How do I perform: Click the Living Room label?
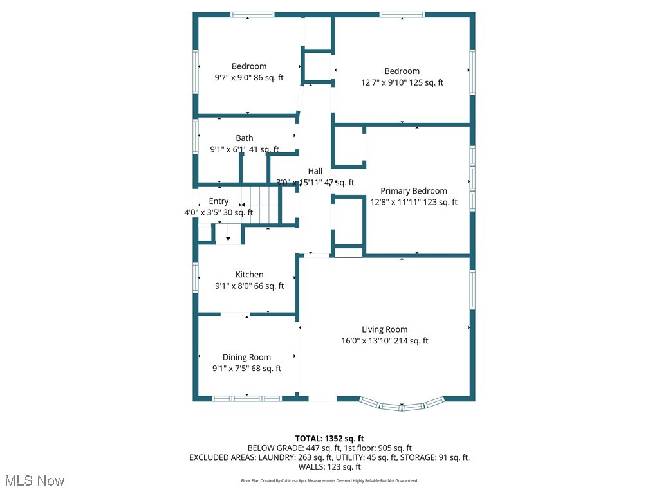click(x=384, y=329)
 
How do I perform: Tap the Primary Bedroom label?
click(x=413, y=190)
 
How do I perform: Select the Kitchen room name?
click(x=249, y=275)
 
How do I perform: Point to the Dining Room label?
click(x=246, y=357)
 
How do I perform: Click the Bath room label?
click(x=244, y=138)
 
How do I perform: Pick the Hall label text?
click(x=315, y=171)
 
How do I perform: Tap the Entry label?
click(x=218, y=201)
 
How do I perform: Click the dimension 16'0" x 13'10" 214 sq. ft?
click(x=384, y=341)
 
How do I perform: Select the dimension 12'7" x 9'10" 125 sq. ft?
click(x=402, y=82)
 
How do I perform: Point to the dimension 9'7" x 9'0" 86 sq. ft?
click(x=249, y=77)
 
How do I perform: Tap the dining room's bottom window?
click(x=247, y=399)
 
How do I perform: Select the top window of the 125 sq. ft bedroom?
click(x=402, y=14)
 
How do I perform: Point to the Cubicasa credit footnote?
click(x=329, y=480)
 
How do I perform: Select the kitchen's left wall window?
click(x=196, y=279)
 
